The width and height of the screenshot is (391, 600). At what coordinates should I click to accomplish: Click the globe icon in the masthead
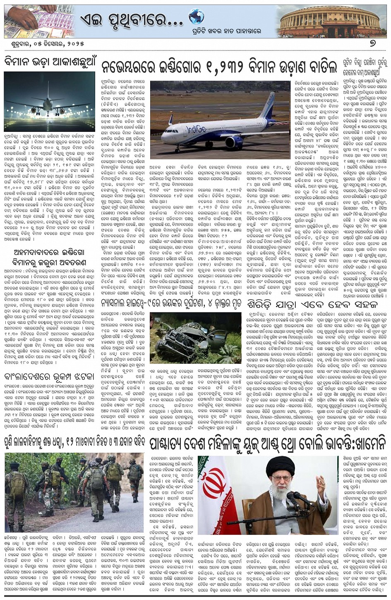[x=196, y=17]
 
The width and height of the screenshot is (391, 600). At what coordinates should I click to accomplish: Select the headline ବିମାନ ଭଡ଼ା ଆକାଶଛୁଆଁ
[x=49, y=62]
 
